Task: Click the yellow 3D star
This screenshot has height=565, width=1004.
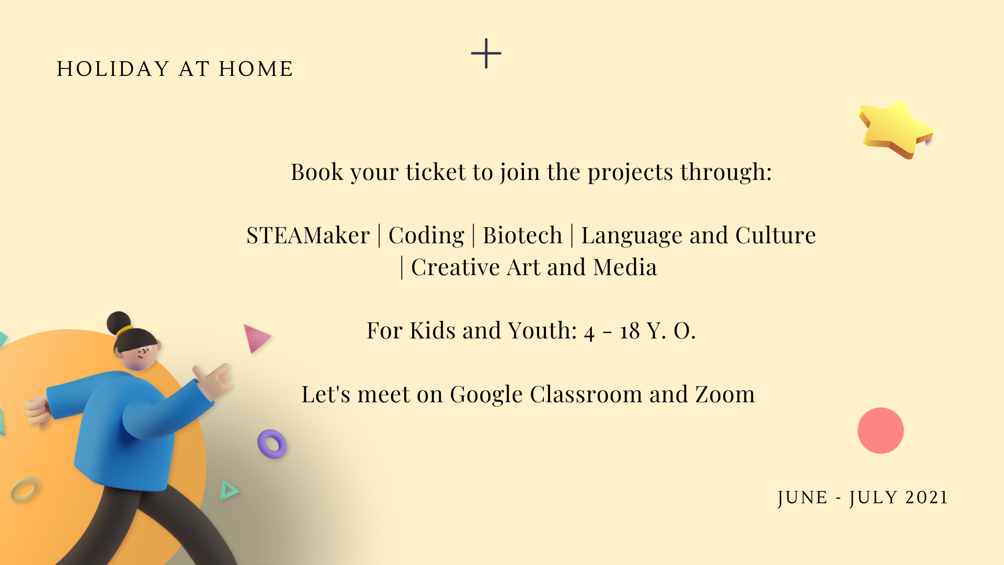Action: pos(895,129)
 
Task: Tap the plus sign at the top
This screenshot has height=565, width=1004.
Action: pos(486,53)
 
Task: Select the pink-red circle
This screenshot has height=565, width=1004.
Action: pos(881,431)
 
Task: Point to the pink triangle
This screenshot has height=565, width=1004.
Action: pos(255,337)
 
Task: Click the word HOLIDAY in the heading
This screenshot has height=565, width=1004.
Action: pos(113,69)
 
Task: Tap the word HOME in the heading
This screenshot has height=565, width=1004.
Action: pos(256,69)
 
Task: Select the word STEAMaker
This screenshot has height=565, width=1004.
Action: pos(308,235)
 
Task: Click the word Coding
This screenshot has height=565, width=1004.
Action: pos(426,236)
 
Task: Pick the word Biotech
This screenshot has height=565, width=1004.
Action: pos(522,235)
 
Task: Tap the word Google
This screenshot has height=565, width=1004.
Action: pos(486,395)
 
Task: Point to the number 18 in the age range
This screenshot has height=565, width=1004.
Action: pos(630,331)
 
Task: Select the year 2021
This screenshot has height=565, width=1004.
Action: pos(927,498)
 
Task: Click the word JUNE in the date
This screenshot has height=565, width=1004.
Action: pos(803,498)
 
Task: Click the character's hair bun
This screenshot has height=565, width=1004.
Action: pos(119,323)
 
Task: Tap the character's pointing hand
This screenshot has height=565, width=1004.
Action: pos(214,381)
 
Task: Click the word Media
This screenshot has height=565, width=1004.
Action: pos(625,268)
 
